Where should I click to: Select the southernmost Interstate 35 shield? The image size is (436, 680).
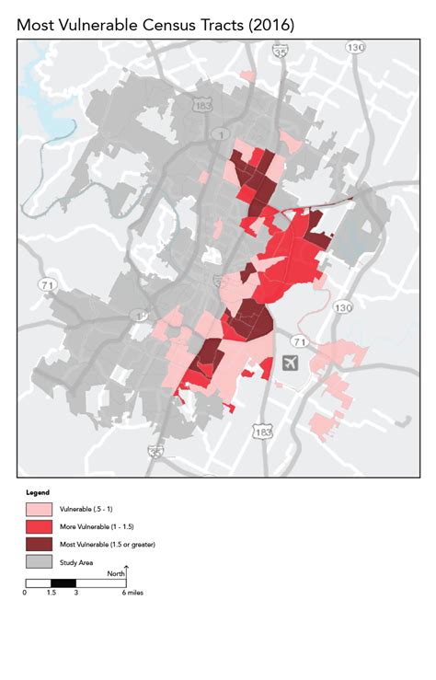click(155, 451)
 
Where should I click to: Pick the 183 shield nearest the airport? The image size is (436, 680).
click(264, 432)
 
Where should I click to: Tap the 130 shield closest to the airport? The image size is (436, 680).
click(342, 306)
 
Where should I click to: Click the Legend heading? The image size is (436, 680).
click(37, 492)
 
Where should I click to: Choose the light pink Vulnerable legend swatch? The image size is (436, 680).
click(38, 509)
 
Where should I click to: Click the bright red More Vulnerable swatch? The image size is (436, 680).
click(38, 526)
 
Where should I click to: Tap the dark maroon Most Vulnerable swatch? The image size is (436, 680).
click(38, 544)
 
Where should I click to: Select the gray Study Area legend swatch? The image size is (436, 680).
click(38, 561)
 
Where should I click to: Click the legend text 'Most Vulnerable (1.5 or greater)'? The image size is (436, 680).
click(108, 544)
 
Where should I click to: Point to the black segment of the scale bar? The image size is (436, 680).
click(63, 583)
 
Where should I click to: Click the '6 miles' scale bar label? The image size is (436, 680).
click(133, 594)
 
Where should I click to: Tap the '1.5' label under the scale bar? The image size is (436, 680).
click(51, 594)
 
